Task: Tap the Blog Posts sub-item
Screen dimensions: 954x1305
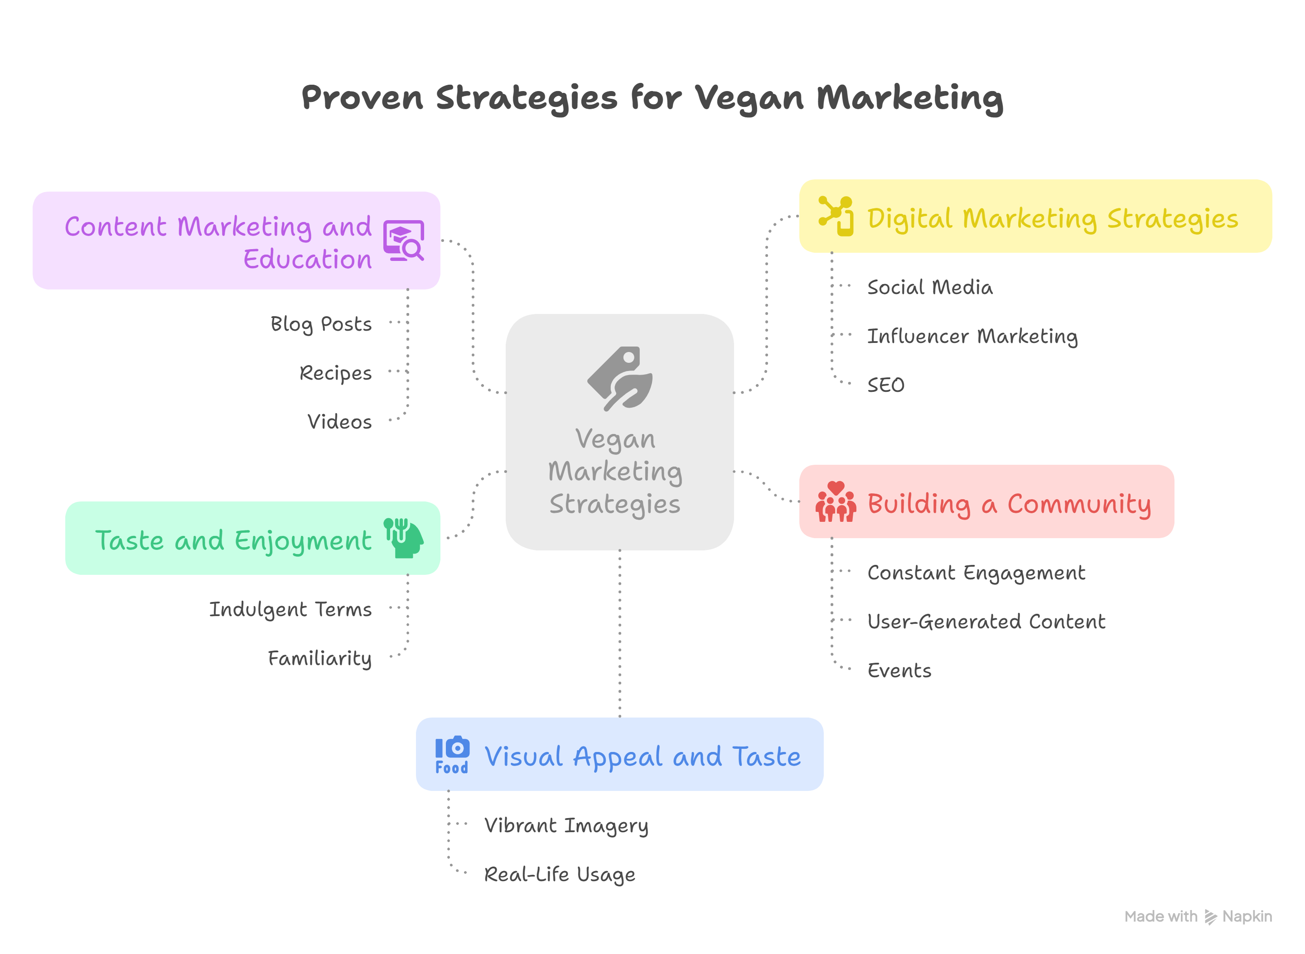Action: click(321, 324)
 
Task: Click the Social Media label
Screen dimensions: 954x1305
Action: click(930, 287)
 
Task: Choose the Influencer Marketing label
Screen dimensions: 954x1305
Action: click(972, 336)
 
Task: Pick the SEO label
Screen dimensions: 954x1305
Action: click(885, 385)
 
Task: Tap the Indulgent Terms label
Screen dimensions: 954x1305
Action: click(290, 610)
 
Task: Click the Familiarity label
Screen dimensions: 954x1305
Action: click(319, 658)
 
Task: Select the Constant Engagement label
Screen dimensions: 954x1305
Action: click(976, 573)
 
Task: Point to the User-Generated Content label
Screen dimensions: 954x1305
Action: click(986, 622)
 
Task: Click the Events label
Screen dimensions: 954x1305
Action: click(899, 670)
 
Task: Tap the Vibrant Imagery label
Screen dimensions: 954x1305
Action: click(566, 826)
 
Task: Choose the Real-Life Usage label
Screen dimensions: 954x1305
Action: click(559, 875)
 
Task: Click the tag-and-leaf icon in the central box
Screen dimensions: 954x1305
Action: click(620, 379)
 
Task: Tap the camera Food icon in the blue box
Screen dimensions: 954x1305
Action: click(452, 754)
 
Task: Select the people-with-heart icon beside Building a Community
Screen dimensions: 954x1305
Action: click(836, 502)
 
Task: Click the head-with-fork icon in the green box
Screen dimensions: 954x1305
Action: click(404, 538)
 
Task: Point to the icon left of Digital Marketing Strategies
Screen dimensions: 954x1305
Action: click(836, 216)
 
